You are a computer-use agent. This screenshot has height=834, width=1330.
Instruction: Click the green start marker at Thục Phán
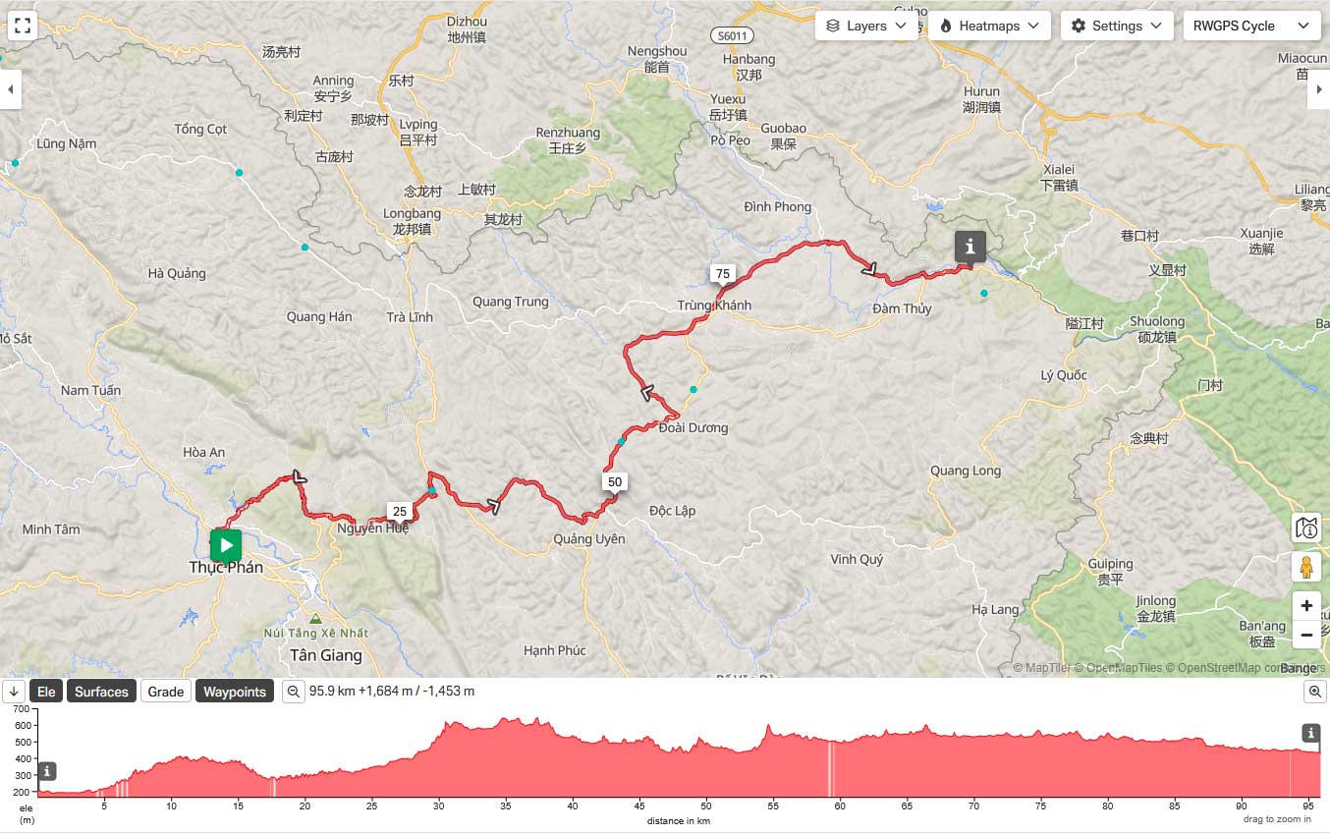coord(226,544)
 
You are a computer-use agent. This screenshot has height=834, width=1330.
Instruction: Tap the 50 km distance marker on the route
coord(615,482)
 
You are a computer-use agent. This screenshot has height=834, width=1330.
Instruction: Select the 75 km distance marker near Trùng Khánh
coord(723,274)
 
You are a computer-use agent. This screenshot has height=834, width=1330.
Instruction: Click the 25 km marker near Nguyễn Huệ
coord(399,511)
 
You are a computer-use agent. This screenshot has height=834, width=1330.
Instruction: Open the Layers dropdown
coord(866,26)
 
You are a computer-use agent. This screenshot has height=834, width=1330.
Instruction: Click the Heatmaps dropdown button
coord(989,26)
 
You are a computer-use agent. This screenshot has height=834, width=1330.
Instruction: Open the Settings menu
coord(1117,26)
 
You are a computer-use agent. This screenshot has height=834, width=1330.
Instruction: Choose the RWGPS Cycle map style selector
coord(1250,26)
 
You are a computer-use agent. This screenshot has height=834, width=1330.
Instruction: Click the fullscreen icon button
coord(23,26)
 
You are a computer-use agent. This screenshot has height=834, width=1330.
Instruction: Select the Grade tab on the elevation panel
coord(165,692)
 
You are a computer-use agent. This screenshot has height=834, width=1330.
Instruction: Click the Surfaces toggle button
coord(101,692)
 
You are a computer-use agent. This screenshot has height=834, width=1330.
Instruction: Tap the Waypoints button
coord(235,692)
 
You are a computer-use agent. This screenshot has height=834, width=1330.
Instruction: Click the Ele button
coord(46,692)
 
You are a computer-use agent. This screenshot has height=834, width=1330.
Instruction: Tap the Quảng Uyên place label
coord(588,539)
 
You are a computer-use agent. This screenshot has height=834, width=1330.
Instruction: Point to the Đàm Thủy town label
coord(902,308)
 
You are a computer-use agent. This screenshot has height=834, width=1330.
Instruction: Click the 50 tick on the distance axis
coord(706,806)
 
